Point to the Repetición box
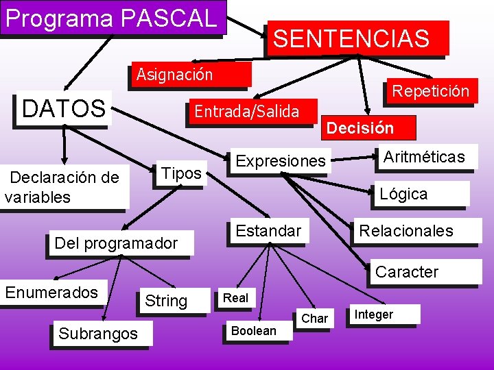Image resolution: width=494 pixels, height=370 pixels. (430, 90)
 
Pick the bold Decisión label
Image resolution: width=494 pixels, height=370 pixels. (360, 127)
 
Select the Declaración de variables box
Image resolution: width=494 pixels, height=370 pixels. (64, 187)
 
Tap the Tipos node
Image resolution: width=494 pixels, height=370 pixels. (180, 173)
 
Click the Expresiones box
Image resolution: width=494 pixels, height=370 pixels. (280, 161)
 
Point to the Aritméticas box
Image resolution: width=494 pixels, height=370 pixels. (424, 157)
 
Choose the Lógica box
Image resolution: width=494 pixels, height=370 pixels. (403, 194)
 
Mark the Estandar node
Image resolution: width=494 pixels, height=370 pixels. (268, 231)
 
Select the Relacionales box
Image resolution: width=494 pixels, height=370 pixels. (406, 231)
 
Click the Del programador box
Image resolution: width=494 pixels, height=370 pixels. (116, 243)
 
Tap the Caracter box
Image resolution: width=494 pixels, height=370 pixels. (406, 271)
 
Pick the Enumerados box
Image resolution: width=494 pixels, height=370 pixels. (52, 293)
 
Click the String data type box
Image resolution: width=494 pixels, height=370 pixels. (166, 301)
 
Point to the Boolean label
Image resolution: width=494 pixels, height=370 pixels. (254, 331)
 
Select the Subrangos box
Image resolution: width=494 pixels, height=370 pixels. (98, 334)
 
